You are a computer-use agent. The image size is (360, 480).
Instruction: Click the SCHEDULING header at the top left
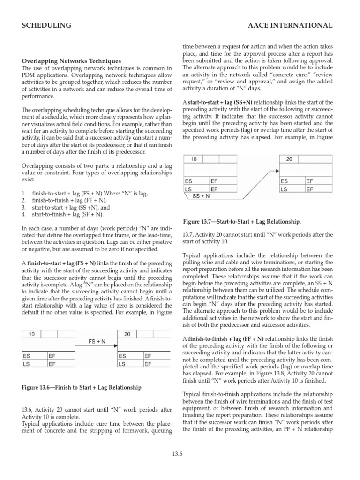47,25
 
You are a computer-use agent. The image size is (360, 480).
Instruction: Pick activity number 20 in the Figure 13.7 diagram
289,159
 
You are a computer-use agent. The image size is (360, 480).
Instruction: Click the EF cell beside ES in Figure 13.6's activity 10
52,356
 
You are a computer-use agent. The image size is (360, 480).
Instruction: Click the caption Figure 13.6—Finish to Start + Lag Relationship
82,388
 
